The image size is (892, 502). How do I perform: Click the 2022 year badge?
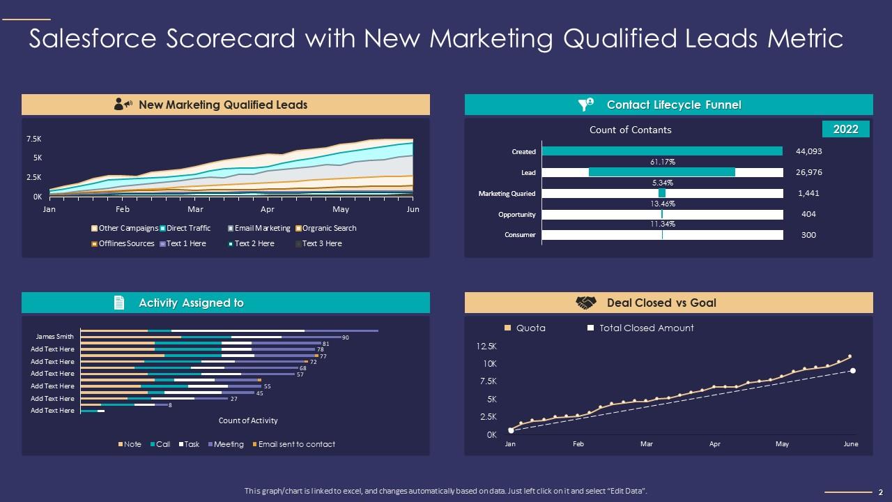pyautogui.click(x=846, y=129)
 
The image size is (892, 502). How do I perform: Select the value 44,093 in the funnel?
pyautogui.click(x=809, y=151)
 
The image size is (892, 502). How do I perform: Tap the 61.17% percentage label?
pyautogui.click(x=662, y=162)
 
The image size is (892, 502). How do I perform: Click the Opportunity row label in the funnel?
pyautogui.click(x=516, y=215)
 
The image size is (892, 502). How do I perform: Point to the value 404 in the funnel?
pyautogui.click(x=808, y=214)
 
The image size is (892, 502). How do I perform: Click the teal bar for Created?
pyautogui.click(x=662, y=151)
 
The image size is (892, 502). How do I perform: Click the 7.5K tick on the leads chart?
pyautogui.click(x=33, y=139)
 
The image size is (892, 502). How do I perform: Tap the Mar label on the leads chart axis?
pyautogui.click(x=195, y=209)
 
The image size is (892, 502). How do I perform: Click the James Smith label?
pyautogui.click(x=54, y=337)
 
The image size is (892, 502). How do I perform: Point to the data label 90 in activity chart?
pyautogui.click(x=345, y=337)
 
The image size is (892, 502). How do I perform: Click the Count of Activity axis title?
pyautogui.click(x=248, y=420)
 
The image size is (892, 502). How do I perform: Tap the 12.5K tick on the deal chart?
pyautogui.click(x=486, y=347)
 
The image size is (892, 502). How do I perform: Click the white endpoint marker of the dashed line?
pyautogui.click(x=853, y=371)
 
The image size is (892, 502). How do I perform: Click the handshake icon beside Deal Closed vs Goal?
pyautogui.click(x=586, y=303)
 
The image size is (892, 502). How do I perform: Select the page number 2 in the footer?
pyautogui.click(x=881, y=492)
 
